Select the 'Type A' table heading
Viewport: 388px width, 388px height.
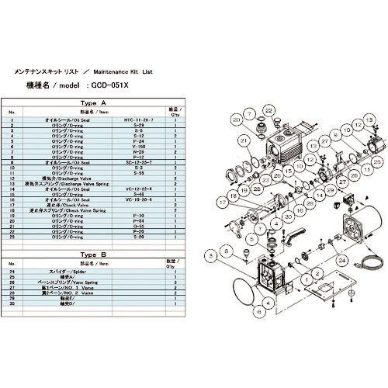93,102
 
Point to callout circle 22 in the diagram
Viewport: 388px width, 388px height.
268,111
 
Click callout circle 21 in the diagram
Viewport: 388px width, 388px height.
243,140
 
